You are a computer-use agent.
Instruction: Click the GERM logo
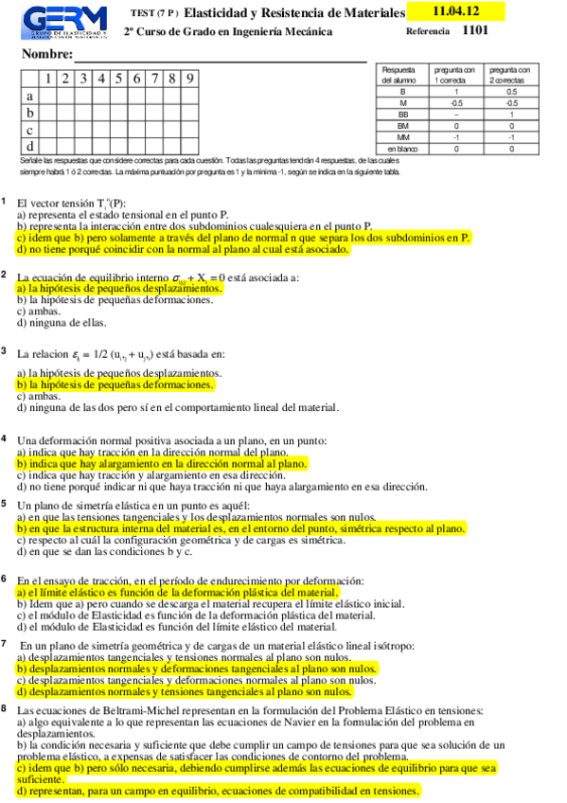(x=62, y=22)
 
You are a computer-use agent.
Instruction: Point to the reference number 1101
(x=476, y=30)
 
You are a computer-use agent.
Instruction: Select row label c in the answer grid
(x=30, y=130)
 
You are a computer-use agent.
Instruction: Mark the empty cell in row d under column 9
(x=191, y=147)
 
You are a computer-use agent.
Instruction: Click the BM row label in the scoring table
(x=403, y=125)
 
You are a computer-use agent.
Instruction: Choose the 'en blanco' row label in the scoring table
(x=403, y=149)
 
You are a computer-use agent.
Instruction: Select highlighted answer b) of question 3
(x=115, y=385)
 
